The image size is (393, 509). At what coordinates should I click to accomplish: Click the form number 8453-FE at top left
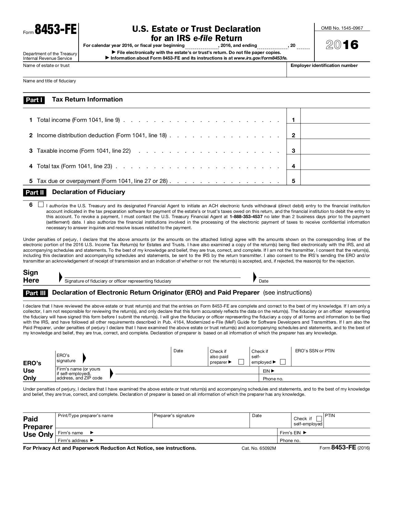coord(55,30)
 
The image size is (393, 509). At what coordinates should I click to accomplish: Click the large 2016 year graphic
coord(342,45)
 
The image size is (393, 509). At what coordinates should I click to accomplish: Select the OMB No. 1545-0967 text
coord(342,28)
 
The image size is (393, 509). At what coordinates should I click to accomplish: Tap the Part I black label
coord(34,100)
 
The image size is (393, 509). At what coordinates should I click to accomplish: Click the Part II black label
coord(35,192)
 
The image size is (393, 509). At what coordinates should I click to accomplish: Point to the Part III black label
coord(35,293)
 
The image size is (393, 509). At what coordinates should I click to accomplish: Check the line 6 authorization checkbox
coord(41,205)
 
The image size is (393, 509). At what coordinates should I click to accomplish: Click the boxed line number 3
coord(293,151)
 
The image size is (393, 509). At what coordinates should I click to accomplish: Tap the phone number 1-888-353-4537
coord(246,217)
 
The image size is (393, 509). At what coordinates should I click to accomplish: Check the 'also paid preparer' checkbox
coord(241,362)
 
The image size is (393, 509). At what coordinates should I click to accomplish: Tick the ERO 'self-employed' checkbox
coord(283,362)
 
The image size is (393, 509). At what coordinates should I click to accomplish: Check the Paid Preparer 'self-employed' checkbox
coord(319,419)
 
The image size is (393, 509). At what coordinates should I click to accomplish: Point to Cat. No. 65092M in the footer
coord(259,448)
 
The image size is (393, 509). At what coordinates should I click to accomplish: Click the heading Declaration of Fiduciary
coord(88,192)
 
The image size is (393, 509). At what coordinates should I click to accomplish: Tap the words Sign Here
coord(31,276)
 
